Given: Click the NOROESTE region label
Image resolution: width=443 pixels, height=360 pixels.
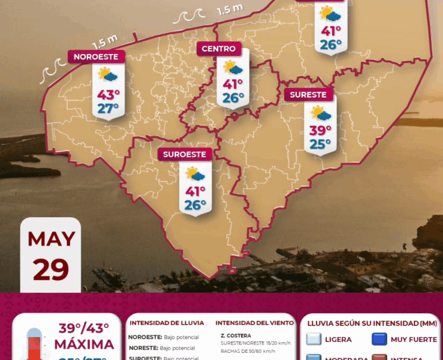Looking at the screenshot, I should point(97,57).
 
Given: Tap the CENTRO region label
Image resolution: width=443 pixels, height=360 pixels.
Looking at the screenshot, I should point(219,49).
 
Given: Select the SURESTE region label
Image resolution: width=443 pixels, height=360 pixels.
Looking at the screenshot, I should point(308,94).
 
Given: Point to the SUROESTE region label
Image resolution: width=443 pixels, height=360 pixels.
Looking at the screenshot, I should point(185,154).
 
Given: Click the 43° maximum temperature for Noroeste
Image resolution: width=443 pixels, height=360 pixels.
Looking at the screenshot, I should point(109,95).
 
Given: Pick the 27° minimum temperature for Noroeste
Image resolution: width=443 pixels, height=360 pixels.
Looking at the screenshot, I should point(109,109).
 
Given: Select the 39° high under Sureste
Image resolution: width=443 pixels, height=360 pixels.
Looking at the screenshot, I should point(321,130).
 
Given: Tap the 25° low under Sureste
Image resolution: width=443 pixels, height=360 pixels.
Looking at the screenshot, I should point(321,144).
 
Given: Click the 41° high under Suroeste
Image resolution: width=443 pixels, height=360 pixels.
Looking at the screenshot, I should point(195,191).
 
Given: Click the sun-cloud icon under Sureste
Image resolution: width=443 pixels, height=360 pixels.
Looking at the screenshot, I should point(321,113).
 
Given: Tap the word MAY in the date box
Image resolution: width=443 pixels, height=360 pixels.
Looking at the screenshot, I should point(51,239).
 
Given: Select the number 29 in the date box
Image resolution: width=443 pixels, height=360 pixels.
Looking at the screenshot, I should point(51,269).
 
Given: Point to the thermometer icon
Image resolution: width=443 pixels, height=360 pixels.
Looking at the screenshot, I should point(35,344).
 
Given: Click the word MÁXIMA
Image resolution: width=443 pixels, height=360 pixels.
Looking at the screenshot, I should point(84,344).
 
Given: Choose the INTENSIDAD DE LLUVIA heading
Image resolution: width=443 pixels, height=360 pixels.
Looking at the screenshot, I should point(167,323).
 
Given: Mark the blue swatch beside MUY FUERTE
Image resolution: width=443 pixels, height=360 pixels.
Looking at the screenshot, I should point(378,340).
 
